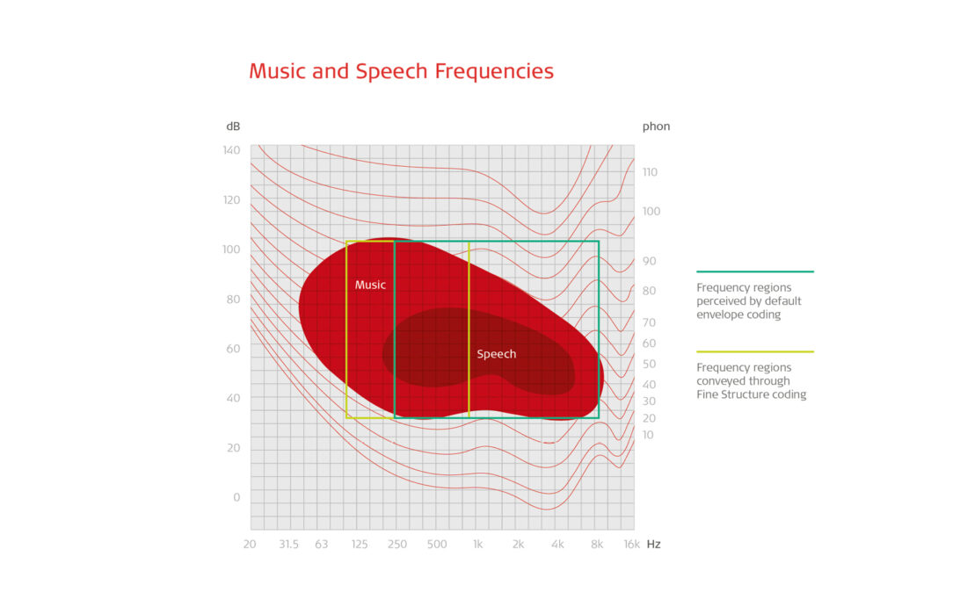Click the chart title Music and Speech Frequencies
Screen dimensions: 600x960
tap(401, 71)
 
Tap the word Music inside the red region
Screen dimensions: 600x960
tap(370, 285)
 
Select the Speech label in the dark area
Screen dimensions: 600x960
tap(496, 354)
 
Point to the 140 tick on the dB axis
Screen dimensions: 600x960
tap(231, 150)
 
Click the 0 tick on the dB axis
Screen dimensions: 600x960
tap(236, 497)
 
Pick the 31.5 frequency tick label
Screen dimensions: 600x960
tap(288, 545)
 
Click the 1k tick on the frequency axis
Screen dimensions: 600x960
tap(477, 545)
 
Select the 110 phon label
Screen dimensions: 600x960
tap(651, 172)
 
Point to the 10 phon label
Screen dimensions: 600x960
tap(648, 435)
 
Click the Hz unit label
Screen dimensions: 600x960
tap(653, 545)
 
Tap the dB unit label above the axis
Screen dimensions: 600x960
tap(233, 127)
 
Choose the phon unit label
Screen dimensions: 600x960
tap(656, 127)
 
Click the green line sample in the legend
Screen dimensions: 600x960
tap(754, 272)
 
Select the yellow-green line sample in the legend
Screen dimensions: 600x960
tap(754, 351)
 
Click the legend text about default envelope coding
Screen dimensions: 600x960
tap(748, 301)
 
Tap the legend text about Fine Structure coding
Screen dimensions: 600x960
tap(751, 381)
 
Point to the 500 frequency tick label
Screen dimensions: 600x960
tap(437, 545)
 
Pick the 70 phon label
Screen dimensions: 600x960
tap(649, 322)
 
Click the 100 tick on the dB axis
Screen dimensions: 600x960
tap(231, 249)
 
